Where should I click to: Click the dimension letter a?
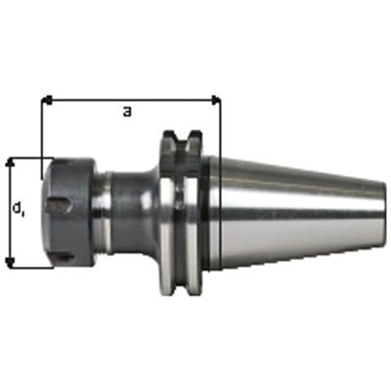pyautogui.click(x=127, y=111)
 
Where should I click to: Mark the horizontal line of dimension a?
pyautogui.click(x=127, y=99)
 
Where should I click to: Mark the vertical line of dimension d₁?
pyautogui.click(x=11, y=210)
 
